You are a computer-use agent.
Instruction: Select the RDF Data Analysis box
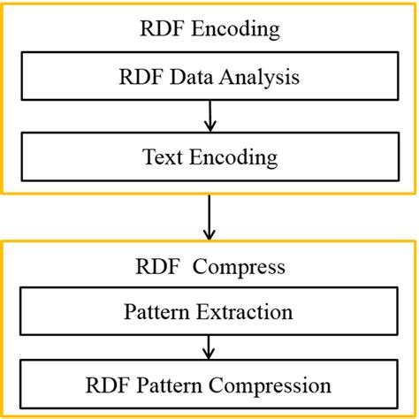[209, 77]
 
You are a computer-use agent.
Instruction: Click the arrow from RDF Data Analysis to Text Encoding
[209, 116]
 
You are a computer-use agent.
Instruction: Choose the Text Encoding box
[209, 157]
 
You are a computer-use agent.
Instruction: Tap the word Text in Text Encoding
[160, 157]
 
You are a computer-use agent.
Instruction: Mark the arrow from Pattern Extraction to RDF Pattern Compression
[209, 347]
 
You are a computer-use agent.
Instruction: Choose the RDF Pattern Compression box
[209, 385]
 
